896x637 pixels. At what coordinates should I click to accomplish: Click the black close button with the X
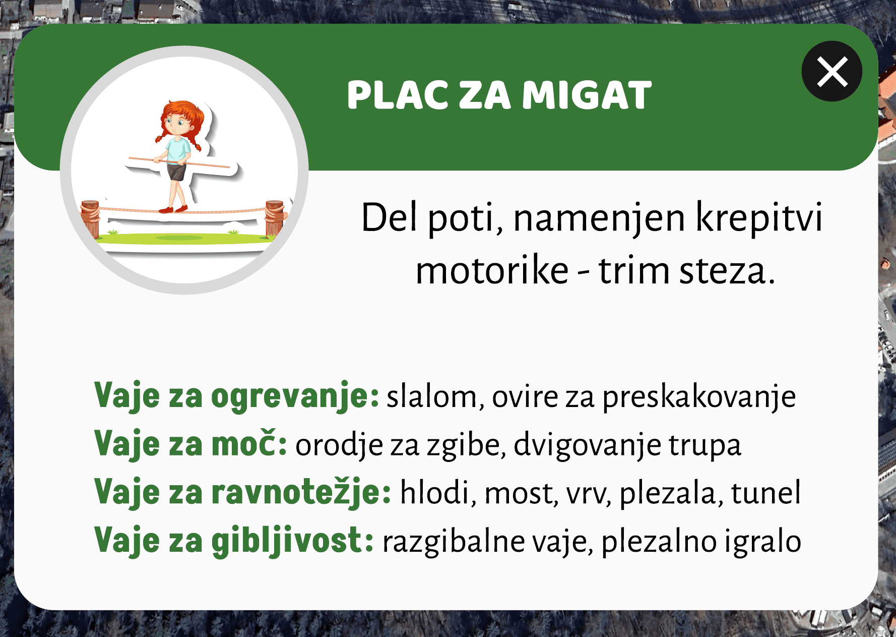click(x=831, y=71)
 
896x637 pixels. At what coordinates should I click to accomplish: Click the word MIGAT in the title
click(x=587, y=95)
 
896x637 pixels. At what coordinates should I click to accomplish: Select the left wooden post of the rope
click(x=91, y=218)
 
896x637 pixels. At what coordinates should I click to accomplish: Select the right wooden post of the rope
click(x=275, y=218)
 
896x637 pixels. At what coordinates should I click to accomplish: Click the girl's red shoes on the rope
click(x=174, y=209)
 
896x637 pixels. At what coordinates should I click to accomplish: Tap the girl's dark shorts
click(x=177, y=171)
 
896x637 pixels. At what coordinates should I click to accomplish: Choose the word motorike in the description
click(x=492, y=271)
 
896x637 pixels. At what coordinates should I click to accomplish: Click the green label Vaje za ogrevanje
click(x=236, y=396)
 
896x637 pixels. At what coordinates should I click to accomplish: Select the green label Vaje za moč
click(x=190, y=444)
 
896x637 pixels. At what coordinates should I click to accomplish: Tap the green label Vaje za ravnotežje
click(x=242, y=492)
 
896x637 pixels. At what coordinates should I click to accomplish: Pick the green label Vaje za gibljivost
click(x=234, y=541)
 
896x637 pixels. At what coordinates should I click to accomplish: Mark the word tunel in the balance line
click(x=765, y=492)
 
